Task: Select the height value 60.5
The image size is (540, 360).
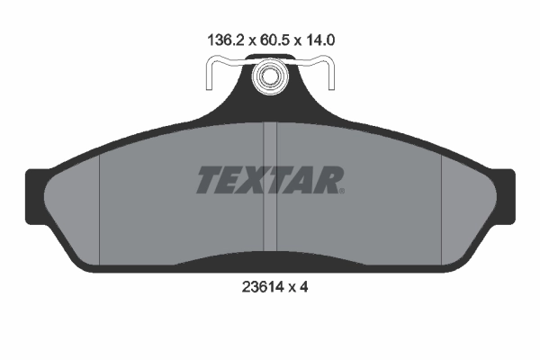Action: (x=269, y=40)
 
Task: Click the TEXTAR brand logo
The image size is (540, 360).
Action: (x=269, y=180)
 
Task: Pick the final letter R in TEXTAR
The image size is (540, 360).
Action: (x=324, y=180)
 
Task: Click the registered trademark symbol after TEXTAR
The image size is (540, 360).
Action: (x=340, y=190)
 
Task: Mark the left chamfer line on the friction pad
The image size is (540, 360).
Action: (x=97, y=202)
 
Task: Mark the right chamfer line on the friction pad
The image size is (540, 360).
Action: (x=442, y=202)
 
